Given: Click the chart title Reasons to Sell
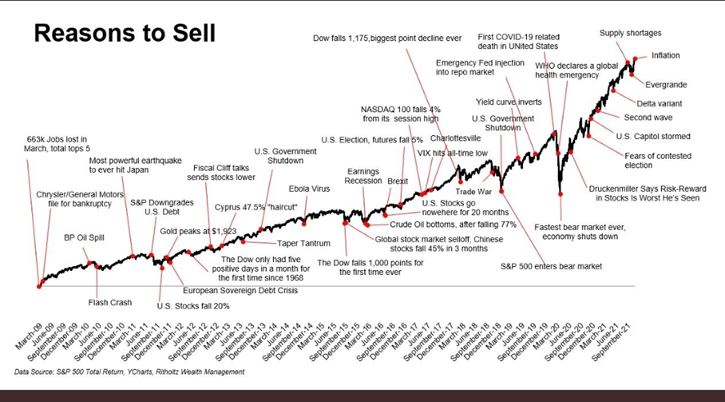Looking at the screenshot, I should [124, 34].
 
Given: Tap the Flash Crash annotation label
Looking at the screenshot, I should [110, 302].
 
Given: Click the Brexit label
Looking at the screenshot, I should [398, 181].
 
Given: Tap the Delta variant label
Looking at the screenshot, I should [660, 103].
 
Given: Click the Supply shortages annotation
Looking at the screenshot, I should [630, 34].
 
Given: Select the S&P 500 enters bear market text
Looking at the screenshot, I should [551, 266].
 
